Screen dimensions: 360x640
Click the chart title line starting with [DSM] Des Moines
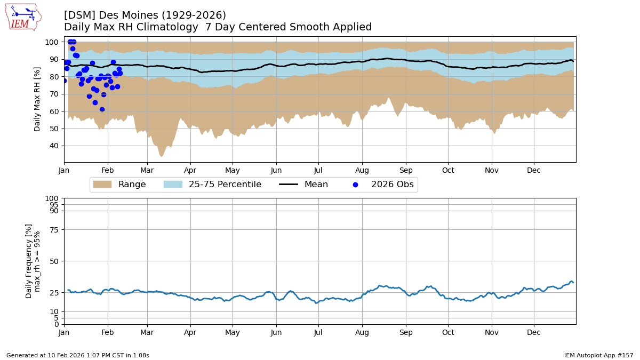145,15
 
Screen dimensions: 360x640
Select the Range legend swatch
102,185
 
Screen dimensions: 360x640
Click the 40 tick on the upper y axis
53,146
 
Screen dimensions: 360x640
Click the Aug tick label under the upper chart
362,171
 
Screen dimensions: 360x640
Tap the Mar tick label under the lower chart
147,332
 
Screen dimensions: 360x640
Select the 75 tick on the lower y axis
53,230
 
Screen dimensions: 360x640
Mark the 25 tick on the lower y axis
53,293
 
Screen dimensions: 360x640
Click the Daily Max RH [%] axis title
37,99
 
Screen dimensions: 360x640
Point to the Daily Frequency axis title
33,261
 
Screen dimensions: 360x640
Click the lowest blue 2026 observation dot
102,109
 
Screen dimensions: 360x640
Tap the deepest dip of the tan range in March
162,156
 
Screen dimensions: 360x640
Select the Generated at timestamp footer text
78,355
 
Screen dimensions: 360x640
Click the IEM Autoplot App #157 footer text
598,355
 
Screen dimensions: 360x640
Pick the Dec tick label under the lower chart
533,332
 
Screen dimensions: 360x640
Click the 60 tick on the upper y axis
53,111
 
